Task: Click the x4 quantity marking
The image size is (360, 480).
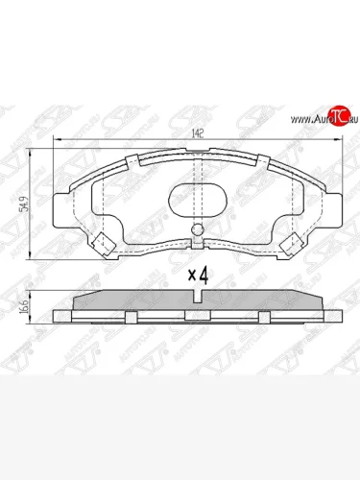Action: coord(198,275)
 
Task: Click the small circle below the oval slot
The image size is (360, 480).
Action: coord(196,229)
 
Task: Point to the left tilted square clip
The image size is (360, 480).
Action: coord(100,241)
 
